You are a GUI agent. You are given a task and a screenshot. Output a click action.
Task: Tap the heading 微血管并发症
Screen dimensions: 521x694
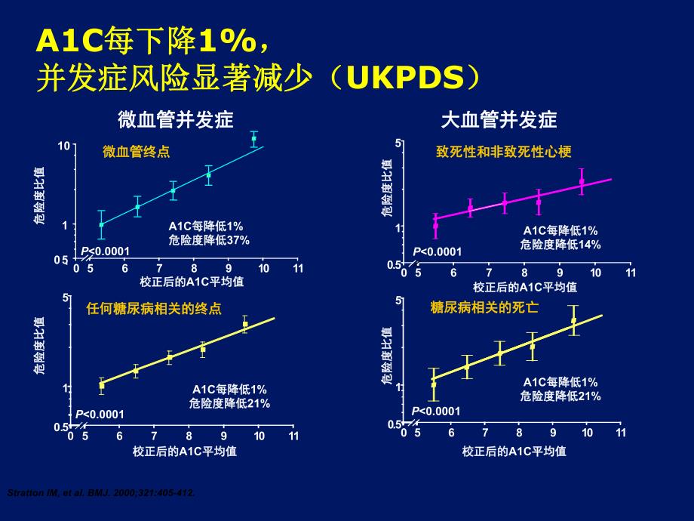tap(175, 120)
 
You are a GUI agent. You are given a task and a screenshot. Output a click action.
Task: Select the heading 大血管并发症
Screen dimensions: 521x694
tap(499, 120)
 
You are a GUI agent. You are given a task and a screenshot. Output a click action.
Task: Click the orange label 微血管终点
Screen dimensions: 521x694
tap(137, 152)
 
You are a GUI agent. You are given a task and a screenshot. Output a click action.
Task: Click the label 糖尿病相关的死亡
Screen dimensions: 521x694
tap(484, 308)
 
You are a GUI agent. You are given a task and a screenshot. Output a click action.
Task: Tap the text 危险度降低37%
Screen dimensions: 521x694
tap(209, 239)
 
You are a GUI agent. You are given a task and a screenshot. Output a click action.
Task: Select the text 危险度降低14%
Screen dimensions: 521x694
tap(560, 244)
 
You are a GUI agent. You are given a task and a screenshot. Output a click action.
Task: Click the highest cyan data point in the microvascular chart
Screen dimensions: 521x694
tap(254, 138)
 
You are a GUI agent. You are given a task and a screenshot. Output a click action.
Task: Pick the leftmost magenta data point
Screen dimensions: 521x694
tap(435, 225)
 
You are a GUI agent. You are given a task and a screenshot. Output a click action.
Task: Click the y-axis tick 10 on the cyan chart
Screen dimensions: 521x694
tap(65, 146)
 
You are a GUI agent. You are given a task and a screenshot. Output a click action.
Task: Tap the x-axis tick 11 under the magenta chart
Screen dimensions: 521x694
tap(631, 273)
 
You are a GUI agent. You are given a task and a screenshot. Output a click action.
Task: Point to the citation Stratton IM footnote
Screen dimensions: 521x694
tap(101, 493)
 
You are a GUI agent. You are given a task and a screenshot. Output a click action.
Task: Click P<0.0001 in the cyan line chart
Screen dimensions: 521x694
tap(106, 251)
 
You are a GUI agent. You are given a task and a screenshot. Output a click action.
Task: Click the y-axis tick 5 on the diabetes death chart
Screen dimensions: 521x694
tap(399, 301)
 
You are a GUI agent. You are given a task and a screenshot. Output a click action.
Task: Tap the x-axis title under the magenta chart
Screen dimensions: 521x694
tap(525, 287)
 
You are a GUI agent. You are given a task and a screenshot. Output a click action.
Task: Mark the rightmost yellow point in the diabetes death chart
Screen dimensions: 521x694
tap(573, 320)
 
